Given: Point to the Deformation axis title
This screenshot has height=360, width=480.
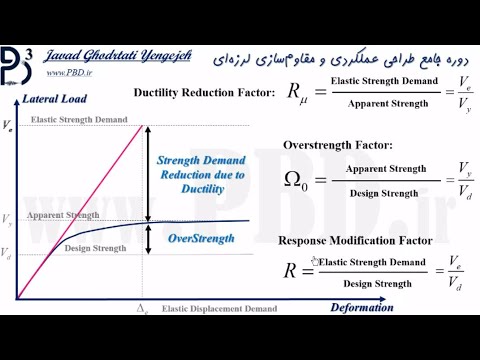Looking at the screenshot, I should (x=361, y=307).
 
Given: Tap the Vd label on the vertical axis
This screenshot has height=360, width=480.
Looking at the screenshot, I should (x=7, y=252).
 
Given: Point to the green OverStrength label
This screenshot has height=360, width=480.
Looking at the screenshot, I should (x=201, y=238).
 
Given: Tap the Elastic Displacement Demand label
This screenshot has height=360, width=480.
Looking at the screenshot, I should (x=219, y=308).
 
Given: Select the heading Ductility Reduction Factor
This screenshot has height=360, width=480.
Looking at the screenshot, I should (x=204, y=93).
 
